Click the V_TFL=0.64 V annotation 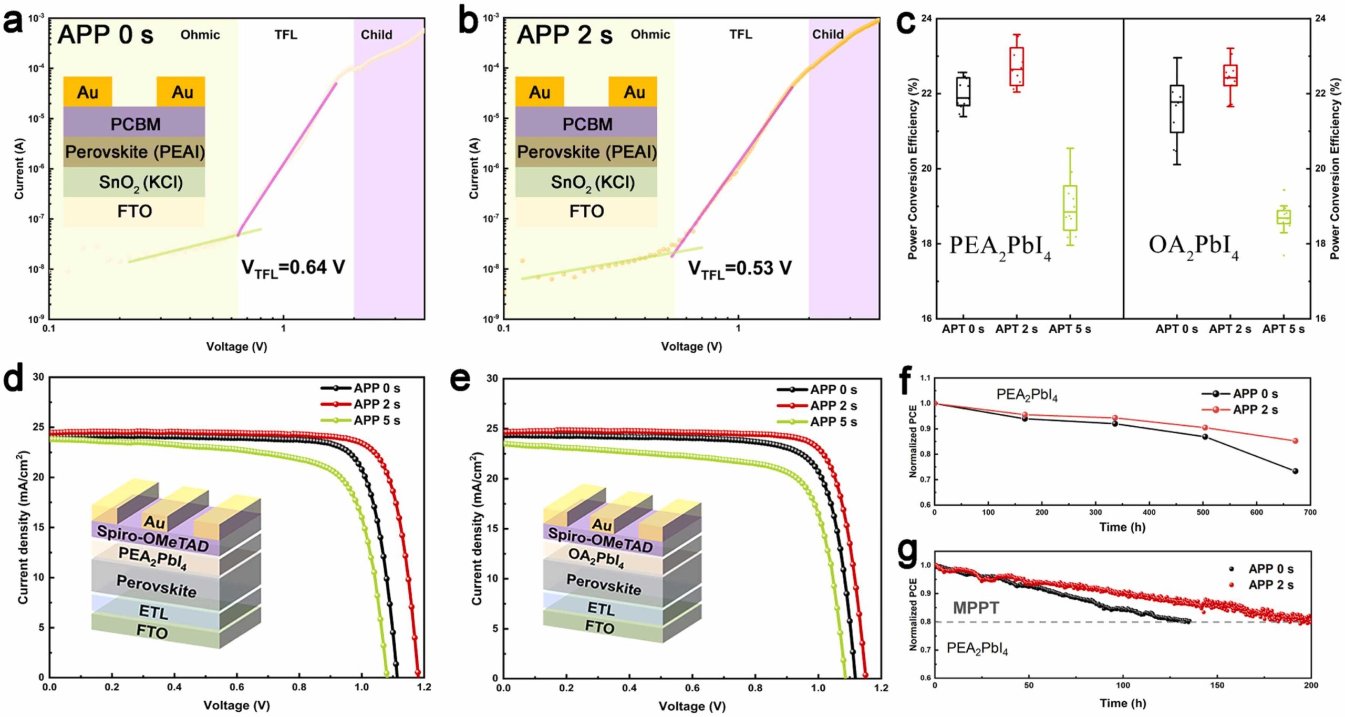click(x=293, y=268)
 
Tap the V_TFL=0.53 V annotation click(x=740, y=269)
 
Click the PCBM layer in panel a click(x=134, y=124)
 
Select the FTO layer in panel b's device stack click(x=586, y=211)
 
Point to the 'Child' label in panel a click(x=376, y=35)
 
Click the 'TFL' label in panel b click(x=740, y=35)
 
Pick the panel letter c click(x=906, y=23)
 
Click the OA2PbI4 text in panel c click(x=1193, y=246)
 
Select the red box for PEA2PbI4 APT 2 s click(x=1017, y=66)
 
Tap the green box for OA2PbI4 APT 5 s click(x=1284, y=217)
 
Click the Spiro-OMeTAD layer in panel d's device click(x=152, y=539)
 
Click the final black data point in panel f click(x=1295, y=471)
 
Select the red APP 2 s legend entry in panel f click(x=1240, y=409)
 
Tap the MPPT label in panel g click(x=976, y=608)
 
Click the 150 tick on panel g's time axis click(x=1217, y=685)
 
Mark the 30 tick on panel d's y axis click(x=38, y=377)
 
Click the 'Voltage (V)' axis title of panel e click(x=692, y=706)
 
